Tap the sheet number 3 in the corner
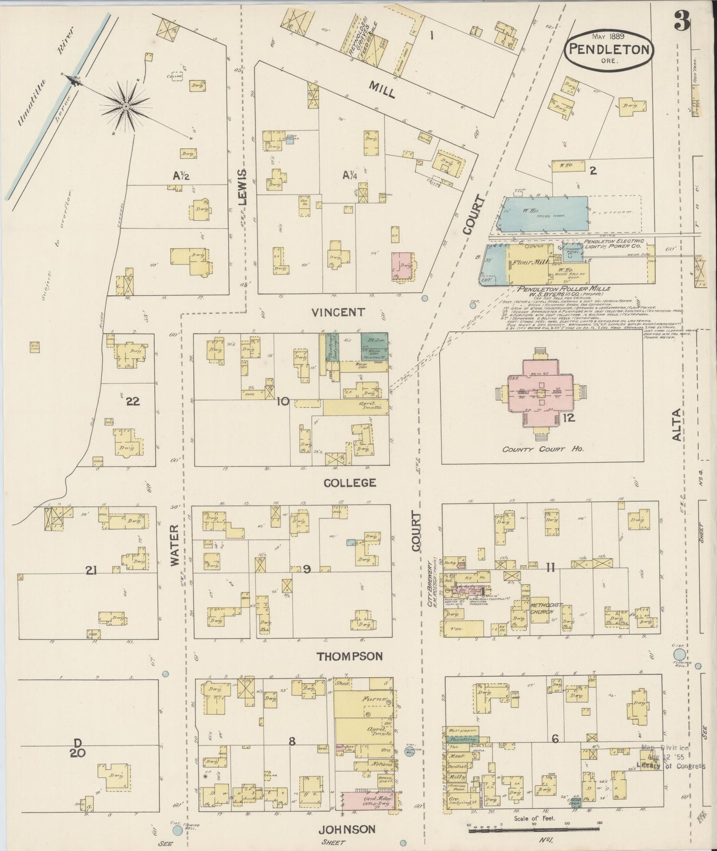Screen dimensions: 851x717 point(682,21)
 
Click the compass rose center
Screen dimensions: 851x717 point(126,105)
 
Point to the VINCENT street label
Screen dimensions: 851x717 point(339,312)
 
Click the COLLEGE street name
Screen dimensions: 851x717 point(350,483)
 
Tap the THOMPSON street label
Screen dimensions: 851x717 point(350,656)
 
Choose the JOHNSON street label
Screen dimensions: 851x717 point(346,829)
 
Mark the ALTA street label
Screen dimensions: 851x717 point(677,427)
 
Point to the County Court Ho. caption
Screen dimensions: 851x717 point(542,449)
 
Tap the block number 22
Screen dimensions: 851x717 point(132,402)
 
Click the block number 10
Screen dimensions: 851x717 point(282,401)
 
